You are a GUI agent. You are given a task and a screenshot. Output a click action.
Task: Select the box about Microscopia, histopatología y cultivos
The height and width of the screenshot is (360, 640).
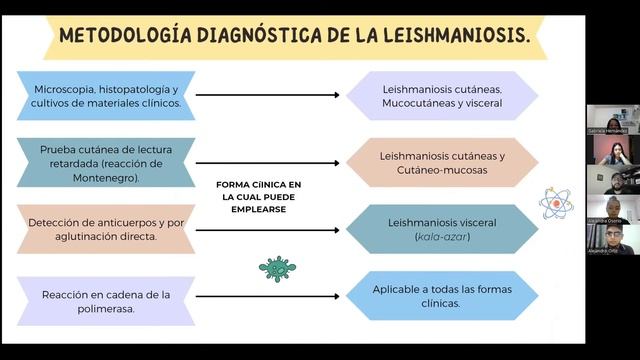point(105,96)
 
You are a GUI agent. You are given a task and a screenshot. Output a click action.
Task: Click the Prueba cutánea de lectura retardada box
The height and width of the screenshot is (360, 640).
point(105,162)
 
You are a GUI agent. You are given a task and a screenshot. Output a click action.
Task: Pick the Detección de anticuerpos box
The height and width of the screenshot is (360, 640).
point(105,229)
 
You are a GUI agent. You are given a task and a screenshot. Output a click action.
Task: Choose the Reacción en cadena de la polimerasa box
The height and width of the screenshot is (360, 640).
point(105,301)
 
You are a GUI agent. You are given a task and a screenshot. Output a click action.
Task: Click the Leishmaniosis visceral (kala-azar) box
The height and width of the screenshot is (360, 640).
point(442,229)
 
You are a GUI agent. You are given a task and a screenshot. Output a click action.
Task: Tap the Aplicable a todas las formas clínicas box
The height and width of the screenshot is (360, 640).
point(442,295)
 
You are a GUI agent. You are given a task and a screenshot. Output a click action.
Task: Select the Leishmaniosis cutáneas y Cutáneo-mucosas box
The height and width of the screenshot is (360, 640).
point(442,162)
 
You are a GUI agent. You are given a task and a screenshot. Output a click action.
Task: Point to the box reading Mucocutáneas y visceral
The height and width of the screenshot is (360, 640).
point(442,96)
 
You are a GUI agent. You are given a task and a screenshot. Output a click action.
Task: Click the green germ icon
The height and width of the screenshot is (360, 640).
point(276,268)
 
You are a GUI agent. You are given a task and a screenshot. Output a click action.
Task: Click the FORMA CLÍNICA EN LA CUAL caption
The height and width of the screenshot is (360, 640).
point(259,197)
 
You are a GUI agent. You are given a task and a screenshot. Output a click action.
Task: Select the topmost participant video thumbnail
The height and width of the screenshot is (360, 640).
point(612,119)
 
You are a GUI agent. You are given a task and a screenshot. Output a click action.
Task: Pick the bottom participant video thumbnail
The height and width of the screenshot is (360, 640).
point(612,239)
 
